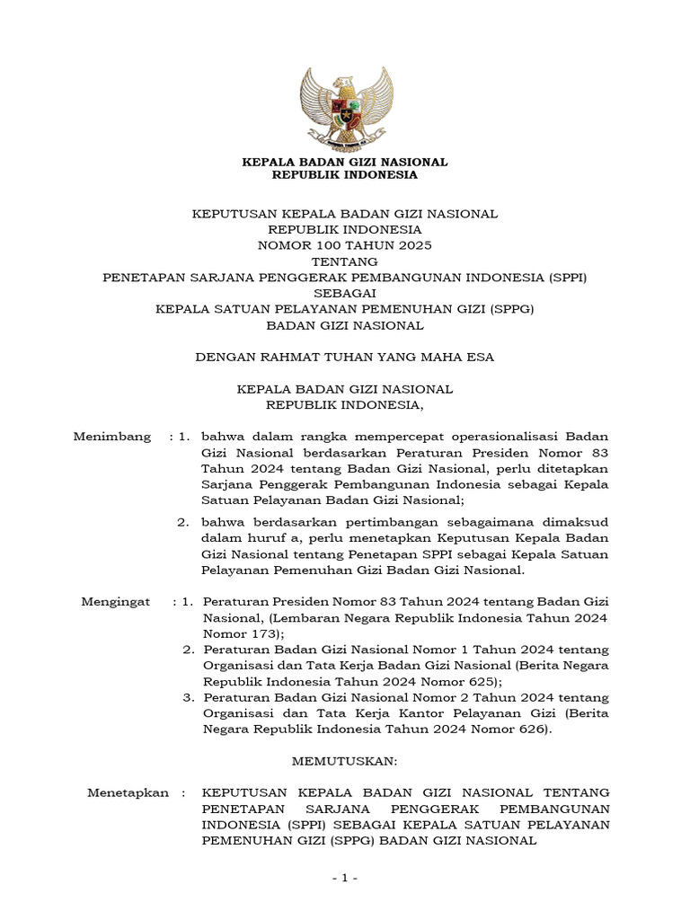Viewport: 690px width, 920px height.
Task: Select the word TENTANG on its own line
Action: (x=345, y=261)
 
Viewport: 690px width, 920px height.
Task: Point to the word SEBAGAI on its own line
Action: (x=345, y=293)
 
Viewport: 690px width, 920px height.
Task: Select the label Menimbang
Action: (x=111, y=437)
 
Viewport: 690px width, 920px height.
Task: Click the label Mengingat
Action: (x=116, y=601)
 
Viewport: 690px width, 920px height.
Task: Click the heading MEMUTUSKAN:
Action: (x=345, y=761)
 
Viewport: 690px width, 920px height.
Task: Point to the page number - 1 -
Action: (x=345, y=878)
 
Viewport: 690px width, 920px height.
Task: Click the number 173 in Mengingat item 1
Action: (x=261, y=633)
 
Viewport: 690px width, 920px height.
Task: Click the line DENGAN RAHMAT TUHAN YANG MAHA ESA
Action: (x=345, y=358)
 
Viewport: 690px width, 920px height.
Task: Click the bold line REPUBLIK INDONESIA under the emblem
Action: (x=345, y=175)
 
